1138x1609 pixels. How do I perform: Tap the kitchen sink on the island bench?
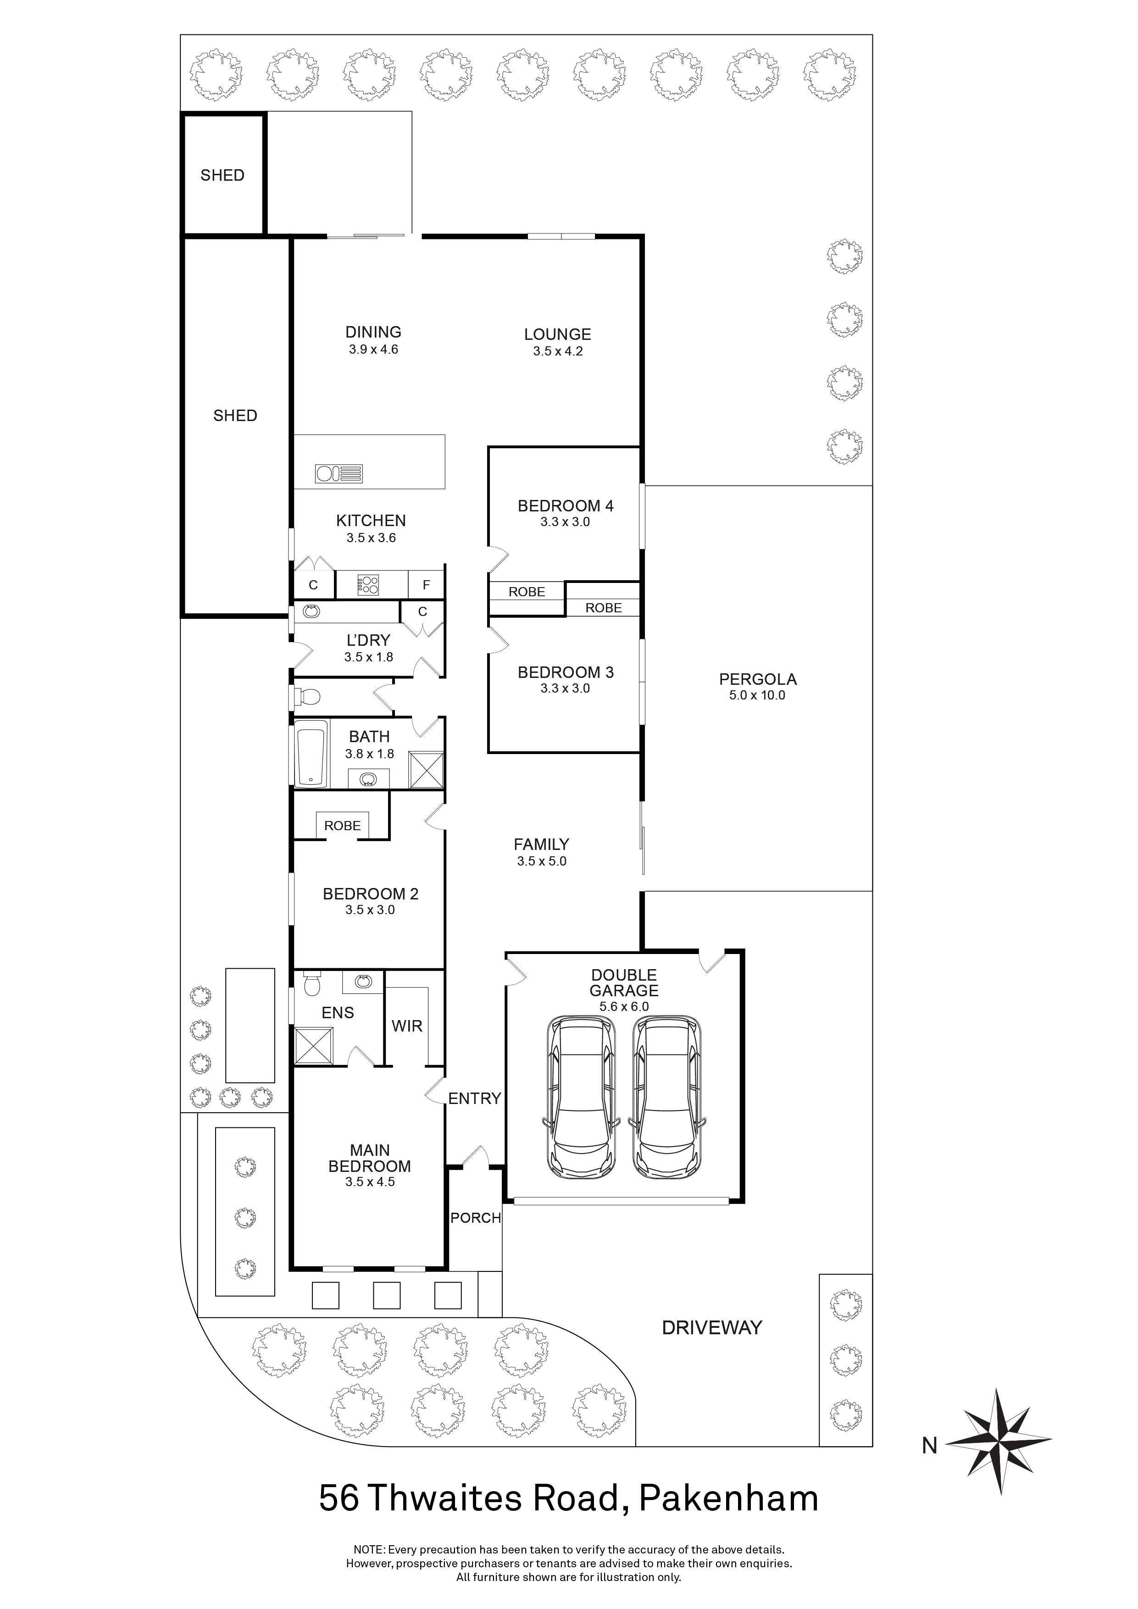(339, 474)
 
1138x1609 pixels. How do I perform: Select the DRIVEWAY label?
(711, 1327)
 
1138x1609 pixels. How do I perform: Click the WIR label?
(407, 1026)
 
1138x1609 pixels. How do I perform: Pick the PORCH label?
(475, 1218)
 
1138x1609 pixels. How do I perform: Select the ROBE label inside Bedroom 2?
(342, 826)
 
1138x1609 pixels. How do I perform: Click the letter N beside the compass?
(929, 1445)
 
